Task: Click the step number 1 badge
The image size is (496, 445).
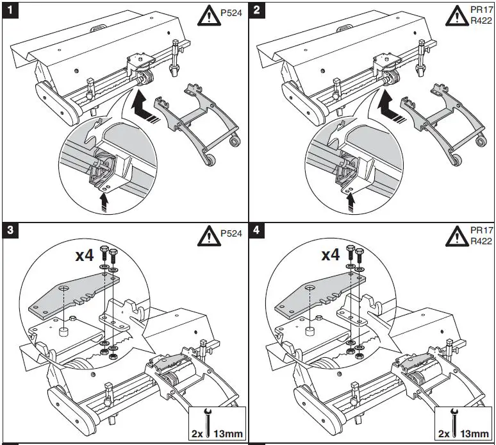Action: point(10,10)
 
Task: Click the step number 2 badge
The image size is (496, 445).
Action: point(256,10)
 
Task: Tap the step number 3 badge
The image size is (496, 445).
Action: point(10,230)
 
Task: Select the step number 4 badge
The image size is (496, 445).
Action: point(256,230)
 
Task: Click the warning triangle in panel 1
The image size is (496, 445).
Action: point(209,16)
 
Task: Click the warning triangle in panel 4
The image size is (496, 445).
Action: point(457,236)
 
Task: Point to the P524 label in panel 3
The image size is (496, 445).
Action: point(231,233)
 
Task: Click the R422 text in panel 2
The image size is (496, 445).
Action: point(481,21)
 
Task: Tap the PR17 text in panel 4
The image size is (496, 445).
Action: point(481,230)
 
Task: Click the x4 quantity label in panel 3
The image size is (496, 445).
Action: point(85,255)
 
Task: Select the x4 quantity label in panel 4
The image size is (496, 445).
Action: point(331,255)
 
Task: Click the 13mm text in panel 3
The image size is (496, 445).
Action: point(228,433)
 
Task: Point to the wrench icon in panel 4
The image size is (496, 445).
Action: point(454,422)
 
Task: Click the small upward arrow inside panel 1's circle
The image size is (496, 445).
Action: point(104,202)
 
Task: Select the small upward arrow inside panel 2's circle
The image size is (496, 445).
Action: point(351,202)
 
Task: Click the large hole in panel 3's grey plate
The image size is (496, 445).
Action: point(64,288)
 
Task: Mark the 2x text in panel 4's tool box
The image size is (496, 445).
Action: point(444,433)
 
